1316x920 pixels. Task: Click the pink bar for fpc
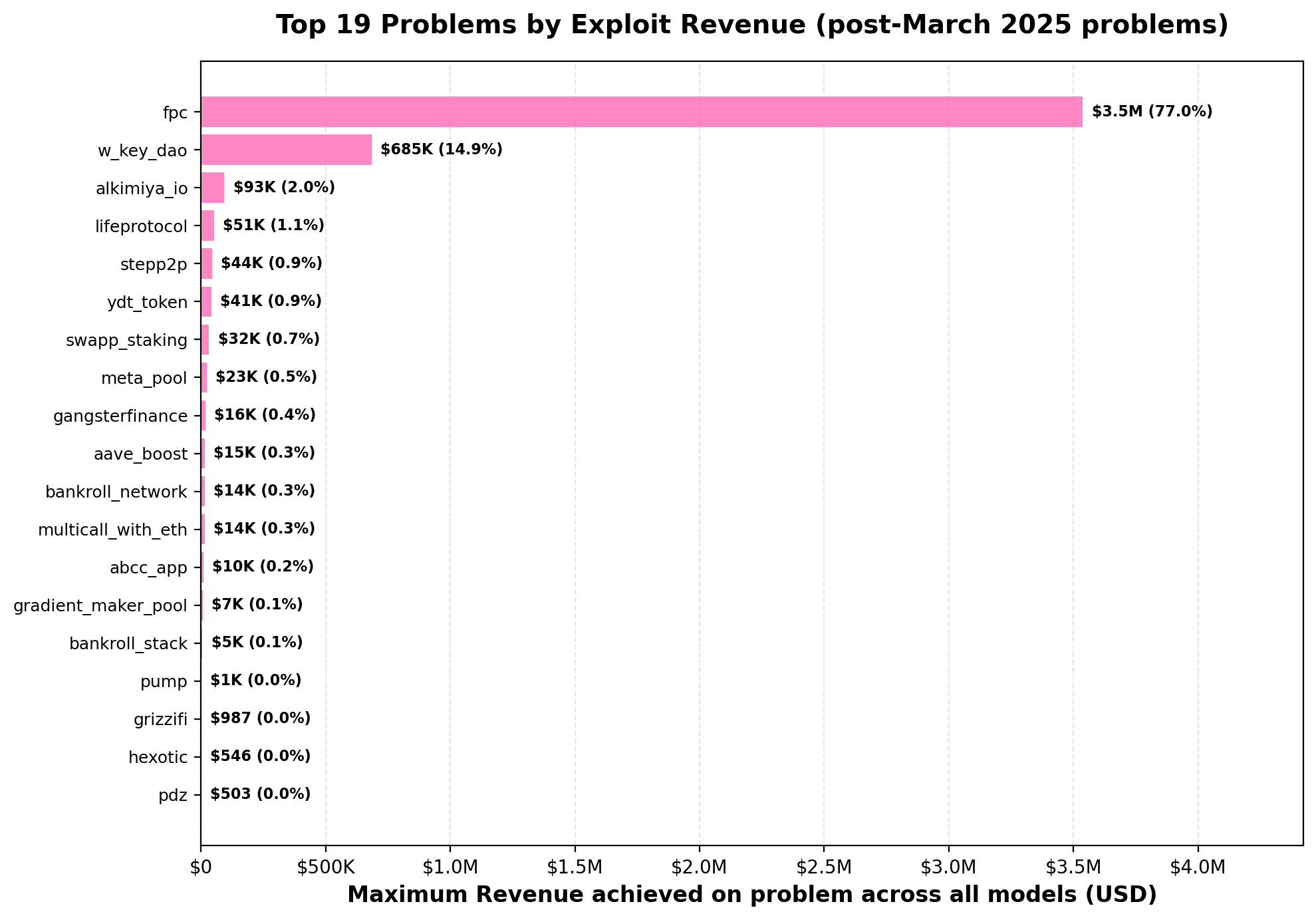[641, 112]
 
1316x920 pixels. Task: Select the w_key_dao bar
[286, 150]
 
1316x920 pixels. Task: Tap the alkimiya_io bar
[213, 188]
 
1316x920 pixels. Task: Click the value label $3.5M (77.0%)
[1152, 112]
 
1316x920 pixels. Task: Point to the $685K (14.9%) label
[441, 150]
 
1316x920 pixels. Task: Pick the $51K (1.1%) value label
[273, 226]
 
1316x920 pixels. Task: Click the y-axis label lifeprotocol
[142, 227]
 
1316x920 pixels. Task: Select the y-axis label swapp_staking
[127, 341]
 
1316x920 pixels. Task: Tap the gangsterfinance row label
[120, 416]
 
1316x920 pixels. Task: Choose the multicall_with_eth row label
[113, 530]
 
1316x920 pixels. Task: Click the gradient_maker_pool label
[100, 606]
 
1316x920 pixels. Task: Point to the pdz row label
[173, 796]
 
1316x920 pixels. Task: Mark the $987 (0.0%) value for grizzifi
[260, 718]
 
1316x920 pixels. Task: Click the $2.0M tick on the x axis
[700, 867]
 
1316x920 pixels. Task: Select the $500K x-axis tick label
[325, 867]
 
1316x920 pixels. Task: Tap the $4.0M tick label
[1198, 867]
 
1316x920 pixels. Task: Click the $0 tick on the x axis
[201, 867]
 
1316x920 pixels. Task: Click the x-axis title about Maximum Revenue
[751, 895]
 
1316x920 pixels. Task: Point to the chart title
[751, 25]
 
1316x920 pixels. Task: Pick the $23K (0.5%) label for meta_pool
[266, 377]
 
